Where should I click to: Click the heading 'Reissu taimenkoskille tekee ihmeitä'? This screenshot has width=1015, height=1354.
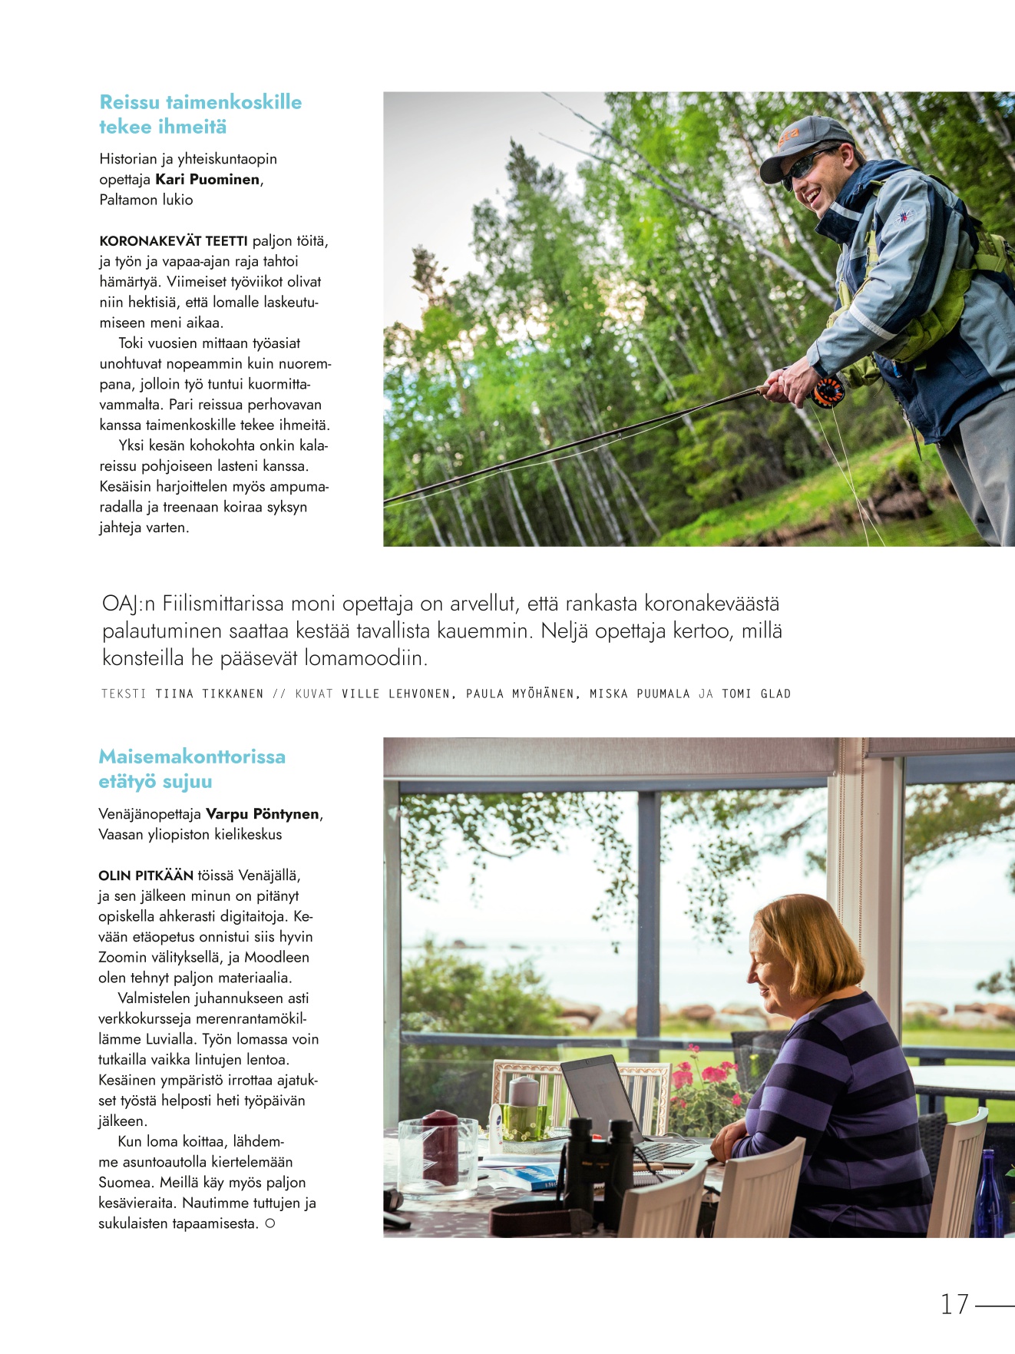[200, 114]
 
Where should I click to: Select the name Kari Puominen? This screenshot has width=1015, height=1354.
[207, 180]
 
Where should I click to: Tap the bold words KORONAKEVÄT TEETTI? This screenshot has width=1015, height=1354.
[174, 241]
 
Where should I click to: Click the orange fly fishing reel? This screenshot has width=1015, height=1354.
[828, 392]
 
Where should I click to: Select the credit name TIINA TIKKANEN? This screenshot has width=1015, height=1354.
[209, 694]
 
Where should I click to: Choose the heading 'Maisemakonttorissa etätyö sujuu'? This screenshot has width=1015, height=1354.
[192, 769]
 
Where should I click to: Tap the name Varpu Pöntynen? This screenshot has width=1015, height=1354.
[263, 814]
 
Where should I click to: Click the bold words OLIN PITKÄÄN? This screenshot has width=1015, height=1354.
[146, 876]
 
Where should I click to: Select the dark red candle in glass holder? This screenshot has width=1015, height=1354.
[440, 1148]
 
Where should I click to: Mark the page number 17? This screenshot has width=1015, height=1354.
[954, 1304]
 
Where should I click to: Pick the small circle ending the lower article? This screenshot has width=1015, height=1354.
[269, 1224]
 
